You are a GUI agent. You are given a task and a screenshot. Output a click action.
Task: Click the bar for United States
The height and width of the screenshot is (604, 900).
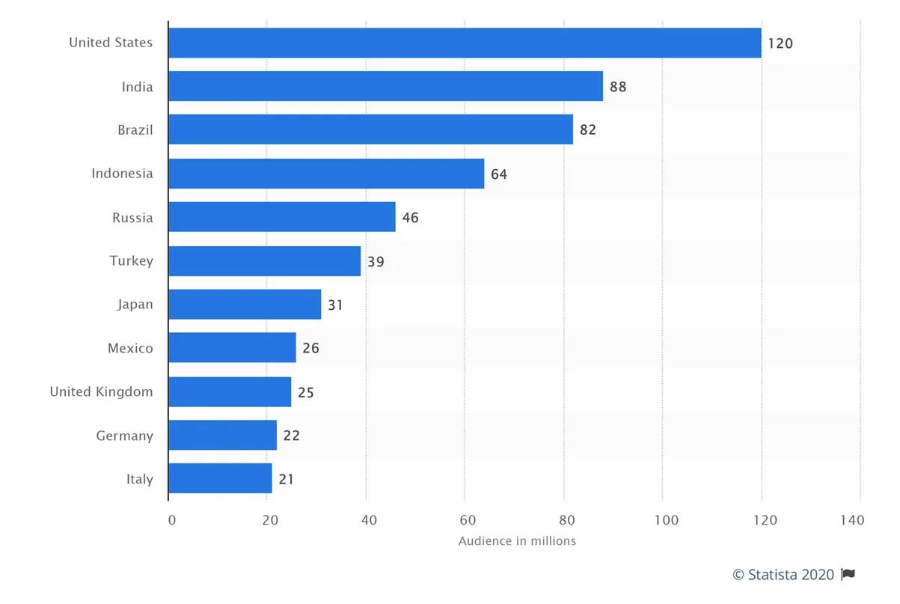point(465,43)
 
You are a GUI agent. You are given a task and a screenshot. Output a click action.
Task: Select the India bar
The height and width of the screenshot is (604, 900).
point(385,86)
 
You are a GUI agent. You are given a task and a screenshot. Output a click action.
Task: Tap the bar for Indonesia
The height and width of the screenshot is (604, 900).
point(326,174)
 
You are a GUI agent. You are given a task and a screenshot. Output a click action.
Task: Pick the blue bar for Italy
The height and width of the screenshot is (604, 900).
point(220,478)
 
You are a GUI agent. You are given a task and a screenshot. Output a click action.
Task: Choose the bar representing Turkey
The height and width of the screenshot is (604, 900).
point(264,261)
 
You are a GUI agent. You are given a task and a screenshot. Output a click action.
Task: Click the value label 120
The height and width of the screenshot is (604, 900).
point(780,43)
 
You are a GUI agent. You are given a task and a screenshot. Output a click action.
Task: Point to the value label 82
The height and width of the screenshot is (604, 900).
point(588,130)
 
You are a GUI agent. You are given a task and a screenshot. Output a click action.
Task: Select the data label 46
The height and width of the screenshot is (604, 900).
point(410,218)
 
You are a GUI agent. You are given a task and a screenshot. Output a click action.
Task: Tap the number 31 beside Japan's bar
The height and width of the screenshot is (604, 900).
point(335,305)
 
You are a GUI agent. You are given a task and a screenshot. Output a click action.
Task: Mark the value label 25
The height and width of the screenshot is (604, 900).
point(305,392)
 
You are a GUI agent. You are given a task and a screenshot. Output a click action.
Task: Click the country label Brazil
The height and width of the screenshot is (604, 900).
point(135,130)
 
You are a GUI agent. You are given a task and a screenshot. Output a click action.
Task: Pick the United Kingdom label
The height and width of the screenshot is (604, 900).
point(101,391)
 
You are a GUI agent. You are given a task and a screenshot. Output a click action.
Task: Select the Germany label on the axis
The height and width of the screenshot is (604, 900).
point(124,436)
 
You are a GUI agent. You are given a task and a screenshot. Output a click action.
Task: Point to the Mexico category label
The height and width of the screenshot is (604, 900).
point(130,348)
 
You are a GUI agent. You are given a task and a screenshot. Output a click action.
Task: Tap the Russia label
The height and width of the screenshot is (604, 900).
point(132,218)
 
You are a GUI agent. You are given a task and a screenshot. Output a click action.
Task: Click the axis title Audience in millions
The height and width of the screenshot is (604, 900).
point(517,541)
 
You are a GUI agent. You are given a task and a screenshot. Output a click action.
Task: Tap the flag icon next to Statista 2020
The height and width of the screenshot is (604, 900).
point(848,575)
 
